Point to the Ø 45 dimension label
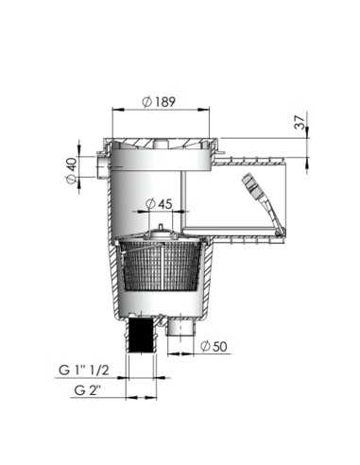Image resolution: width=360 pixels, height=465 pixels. (x=162, y=202)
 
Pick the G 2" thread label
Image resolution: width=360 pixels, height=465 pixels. (x=93, y=387)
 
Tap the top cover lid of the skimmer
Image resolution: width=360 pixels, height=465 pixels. (x=165, y=144)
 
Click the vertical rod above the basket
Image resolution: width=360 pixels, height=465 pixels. (x=180, y=203)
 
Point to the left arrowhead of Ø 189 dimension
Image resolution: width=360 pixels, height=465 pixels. (x=115, y=109)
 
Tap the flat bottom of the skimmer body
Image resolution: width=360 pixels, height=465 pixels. (x=161, y=314)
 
